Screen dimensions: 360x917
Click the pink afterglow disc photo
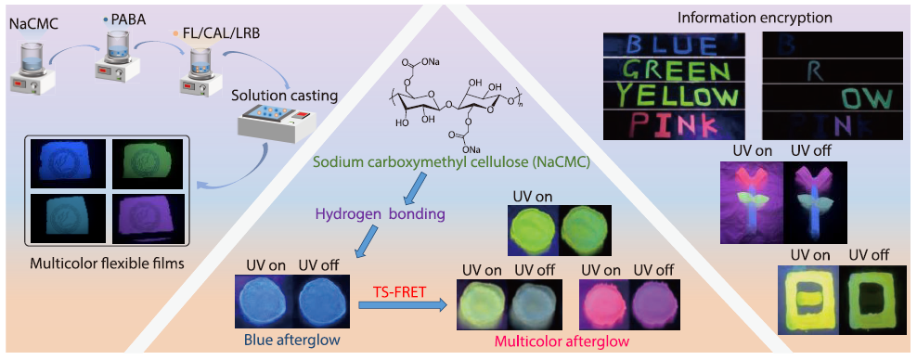(599, 302)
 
